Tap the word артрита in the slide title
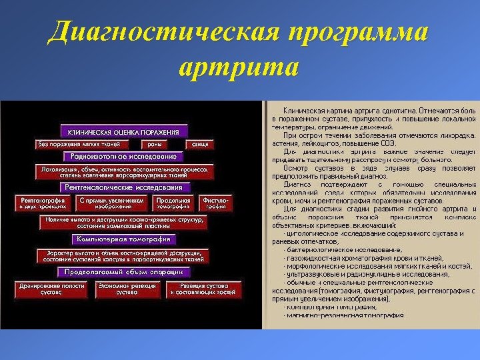239,67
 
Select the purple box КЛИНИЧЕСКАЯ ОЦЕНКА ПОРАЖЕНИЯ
124,131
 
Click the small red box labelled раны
155,144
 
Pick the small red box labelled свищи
198,144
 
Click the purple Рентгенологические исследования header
125,187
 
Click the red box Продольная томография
173,203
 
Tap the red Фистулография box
216,203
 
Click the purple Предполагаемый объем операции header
124,272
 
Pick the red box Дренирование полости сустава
41,289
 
